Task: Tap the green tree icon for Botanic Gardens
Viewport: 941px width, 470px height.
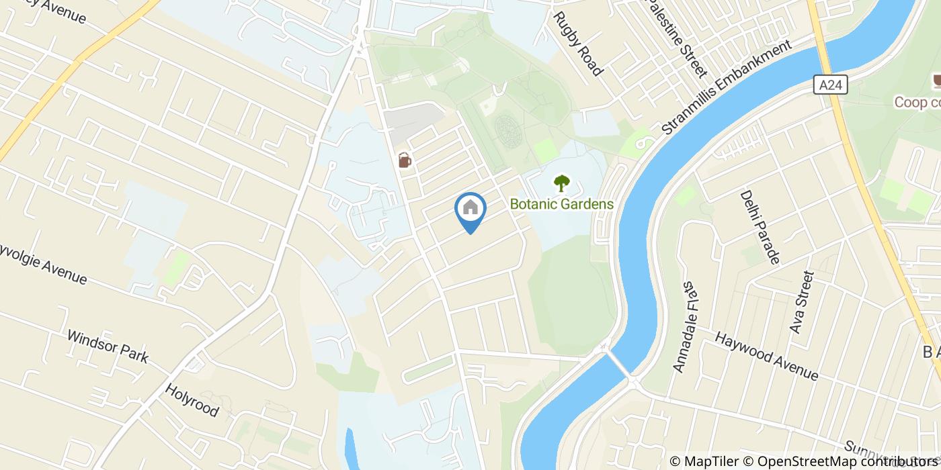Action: [x=561, y=183]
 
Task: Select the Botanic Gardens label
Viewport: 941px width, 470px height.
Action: [x=561, y=203]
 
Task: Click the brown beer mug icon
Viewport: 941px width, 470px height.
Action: [x=404, y=160]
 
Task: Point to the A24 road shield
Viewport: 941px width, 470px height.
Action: [x=833, y=85]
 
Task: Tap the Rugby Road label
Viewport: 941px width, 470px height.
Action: [x=579, y=43]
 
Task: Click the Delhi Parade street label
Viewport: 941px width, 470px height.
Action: [x=760, y=226]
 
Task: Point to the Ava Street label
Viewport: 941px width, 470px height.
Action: [x=801, y=302]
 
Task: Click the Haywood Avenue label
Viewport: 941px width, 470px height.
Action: [x=766, y=355]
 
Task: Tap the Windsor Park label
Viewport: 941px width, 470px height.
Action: [x=108, y=346]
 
